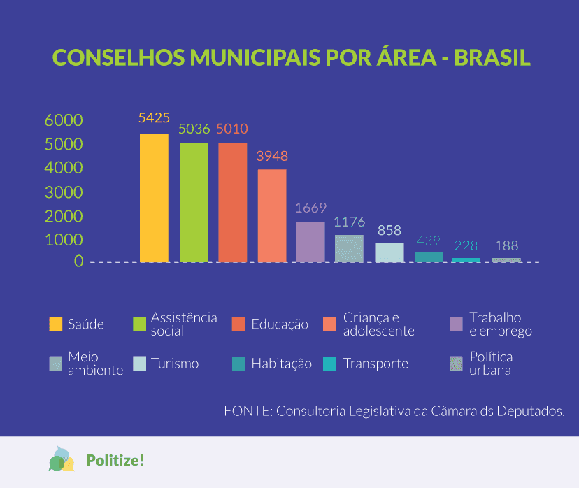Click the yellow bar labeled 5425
(154, 198)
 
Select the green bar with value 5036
(194, 202)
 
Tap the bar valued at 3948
(272, 215)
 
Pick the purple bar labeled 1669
(310, 242)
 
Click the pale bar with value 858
(389, 252)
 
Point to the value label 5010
(232, 129)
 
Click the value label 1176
(350, 222)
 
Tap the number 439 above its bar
(428, 241)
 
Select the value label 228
(466, 246)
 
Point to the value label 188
(507, 246)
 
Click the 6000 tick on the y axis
(64, 120)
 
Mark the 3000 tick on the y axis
(64, 192)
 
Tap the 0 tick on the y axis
(78, 261)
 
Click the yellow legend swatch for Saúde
(56, 324)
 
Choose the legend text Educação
(280, 324)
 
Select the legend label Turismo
(175, 364)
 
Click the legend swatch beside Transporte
(330, 364)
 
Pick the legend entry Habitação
(281, 364)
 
